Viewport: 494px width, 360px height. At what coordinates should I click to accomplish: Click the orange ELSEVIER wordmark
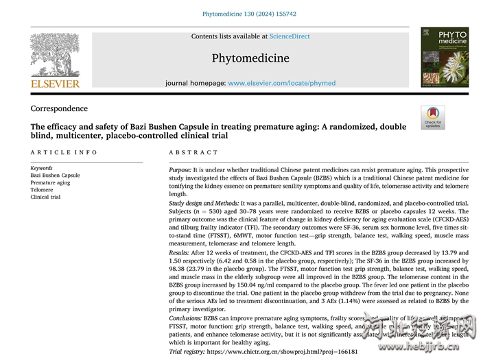(55, 84)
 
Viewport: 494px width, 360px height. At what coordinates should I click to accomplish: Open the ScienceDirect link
(289, 36)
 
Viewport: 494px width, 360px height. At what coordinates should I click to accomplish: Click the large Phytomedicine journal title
(250, 58)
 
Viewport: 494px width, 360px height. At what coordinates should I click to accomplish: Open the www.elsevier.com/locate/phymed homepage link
(282, 83)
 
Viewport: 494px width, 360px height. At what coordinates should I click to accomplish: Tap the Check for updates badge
(433, 117)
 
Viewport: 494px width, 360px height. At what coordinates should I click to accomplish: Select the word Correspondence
(59, 108)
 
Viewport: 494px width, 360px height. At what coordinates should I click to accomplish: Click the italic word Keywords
(41, 168)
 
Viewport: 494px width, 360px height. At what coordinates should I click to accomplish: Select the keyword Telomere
(42, 190)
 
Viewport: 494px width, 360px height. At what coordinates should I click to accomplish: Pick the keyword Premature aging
(50, 182)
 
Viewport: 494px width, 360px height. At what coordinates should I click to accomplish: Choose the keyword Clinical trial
(45, 197)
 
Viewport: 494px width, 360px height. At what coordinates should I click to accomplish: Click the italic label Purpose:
(180, 169)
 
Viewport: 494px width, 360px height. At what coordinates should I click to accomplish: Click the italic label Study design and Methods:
(204, 204)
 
